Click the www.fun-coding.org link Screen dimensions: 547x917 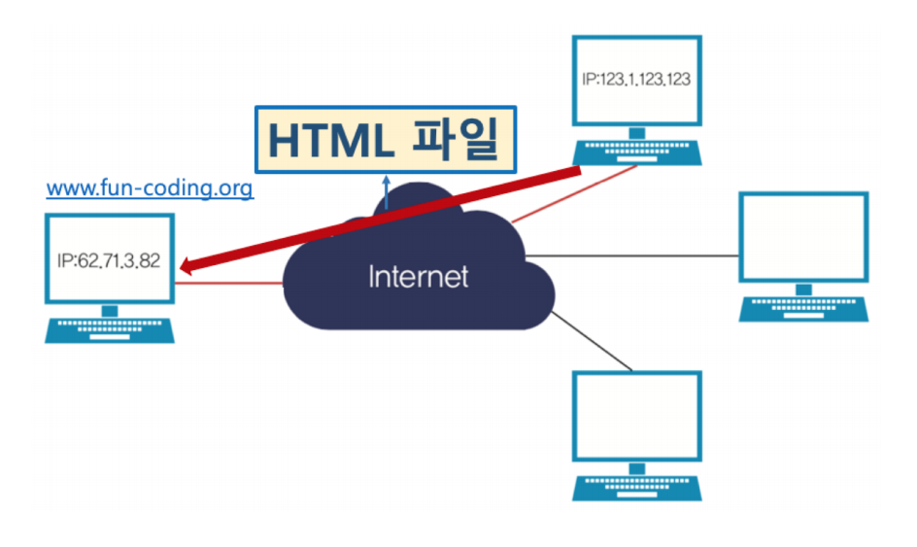click(150, 188)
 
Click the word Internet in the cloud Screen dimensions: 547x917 click(418, 277)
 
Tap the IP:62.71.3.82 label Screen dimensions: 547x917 click(108, 261)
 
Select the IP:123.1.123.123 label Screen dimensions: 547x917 click(636, 80)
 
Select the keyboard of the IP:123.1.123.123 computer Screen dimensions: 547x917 click(637, 151)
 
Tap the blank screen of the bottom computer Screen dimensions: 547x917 click(636, 416)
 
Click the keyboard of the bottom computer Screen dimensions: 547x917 click(636, 487)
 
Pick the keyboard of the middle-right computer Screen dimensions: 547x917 click(802, 309)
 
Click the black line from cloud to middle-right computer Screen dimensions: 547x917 click(631, 256)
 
